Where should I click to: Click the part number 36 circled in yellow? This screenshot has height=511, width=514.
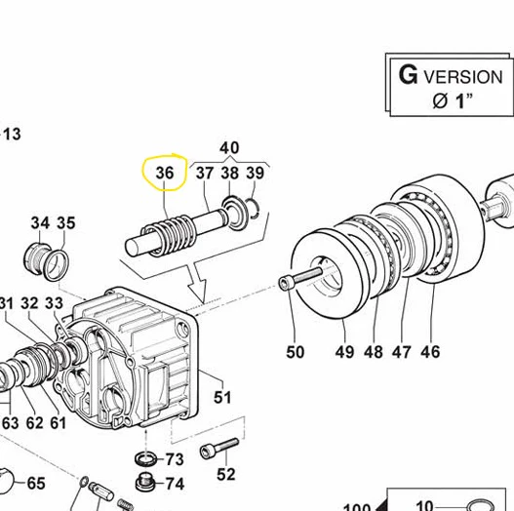165,173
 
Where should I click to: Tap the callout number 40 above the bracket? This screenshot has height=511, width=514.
229,148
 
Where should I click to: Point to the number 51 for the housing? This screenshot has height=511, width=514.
222,397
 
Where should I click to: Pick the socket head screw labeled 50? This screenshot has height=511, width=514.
300,279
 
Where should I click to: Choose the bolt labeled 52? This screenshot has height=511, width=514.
219,449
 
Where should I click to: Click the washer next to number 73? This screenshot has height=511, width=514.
145,458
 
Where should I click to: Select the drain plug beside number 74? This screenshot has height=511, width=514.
146,482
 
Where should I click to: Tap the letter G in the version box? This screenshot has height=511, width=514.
408,75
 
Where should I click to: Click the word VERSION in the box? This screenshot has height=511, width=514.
463,77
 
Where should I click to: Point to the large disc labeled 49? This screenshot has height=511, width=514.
328,274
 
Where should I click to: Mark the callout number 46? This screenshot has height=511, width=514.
430,352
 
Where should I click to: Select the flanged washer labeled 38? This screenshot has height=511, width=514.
234,213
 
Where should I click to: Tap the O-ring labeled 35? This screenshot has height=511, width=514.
57,265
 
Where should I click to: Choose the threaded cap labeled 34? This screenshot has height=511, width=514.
37,259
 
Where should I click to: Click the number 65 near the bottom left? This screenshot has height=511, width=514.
36,483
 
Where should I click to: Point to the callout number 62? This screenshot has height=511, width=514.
35,423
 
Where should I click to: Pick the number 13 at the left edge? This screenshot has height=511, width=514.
12,134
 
